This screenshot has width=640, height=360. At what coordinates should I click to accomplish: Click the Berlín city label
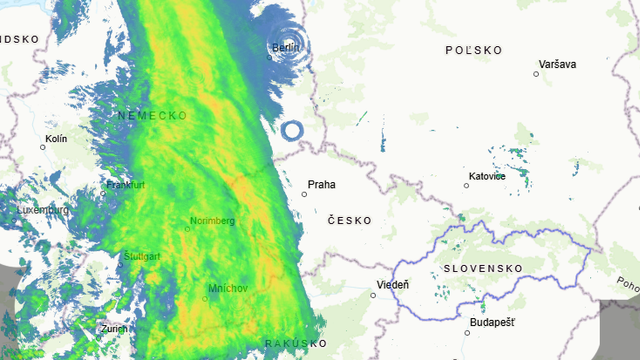pos(286,47)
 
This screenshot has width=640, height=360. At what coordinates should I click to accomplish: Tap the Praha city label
pos(322,185)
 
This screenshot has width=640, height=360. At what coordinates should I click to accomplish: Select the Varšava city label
pos(556,64)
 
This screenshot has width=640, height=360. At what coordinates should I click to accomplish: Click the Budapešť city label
pos(490,322)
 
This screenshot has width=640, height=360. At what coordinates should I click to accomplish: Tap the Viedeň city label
pos(392,285)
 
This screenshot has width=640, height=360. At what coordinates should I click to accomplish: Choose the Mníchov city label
pos(227,289)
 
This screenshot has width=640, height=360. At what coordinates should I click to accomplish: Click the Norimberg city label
pos(212,221)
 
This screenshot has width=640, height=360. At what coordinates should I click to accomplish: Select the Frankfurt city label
pos(125,185)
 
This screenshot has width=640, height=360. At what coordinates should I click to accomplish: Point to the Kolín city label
pos(56,138)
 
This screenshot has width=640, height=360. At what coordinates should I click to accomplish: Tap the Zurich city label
pos(114,328)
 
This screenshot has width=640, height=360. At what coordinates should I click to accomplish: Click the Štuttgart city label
pos(141,257)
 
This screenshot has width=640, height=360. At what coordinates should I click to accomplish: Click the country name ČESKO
pos(348,220)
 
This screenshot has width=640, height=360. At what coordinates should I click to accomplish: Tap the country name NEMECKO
pos(152,116)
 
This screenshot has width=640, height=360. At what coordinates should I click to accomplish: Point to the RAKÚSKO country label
pos(296,344)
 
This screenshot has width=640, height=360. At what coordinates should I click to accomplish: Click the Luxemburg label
pos(42,211)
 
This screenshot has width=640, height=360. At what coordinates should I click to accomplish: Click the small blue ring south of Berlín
pos(292,130)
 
